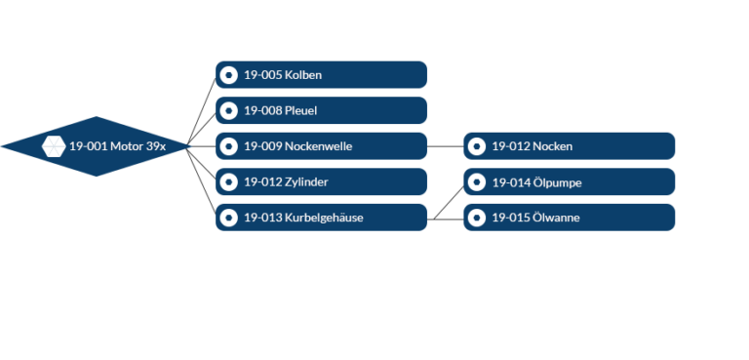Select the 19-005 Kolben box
pos(322,74)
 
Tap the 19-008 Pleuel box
pos(322,110)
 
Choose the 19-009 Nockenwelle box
pos(322,146)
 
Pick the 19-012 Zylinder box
pos(322,181)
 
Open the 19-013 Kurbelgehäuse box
pos(322,218)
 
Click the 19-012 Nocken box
pos(570,146)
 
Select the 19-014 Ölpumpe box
pos(570,181)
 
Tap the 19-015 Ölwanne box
pos(570,218)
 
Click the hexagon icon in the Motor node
pos(54,146)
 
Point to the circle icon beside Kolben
pos(228,74)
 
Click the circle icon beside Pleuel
pos(228,110)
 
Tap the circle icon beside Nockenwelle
pos(228,146)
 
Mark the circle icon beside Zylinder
pos(228,181)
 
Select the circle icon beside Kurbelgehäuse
pos(228,218)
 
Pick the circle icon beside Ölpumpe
pos(476,181)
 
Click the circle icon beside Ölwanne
pos(476,218)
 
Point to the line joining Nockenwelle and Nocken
pos(446,146)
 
